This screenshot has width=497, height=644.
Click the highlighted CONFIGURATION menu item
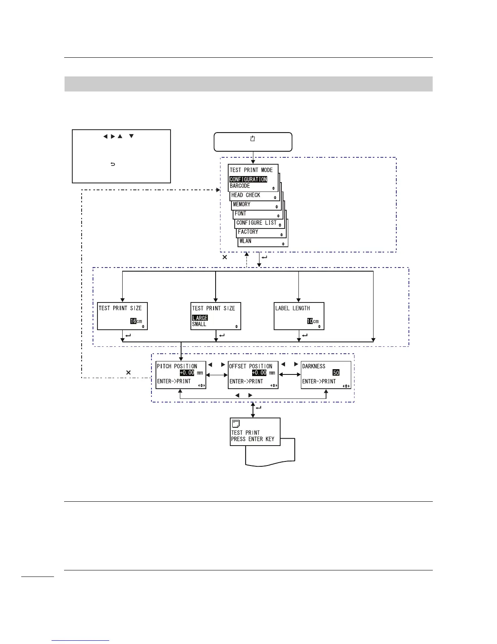(248, 179)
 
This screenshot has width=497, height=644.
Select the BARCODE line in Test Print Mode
(240, 186)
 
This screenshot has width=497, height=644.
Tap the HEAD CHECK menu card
(246, 196)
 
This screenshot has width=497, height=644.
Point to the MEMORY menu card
(242, 205)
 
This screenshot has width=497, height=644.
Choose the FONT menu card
(240, 213)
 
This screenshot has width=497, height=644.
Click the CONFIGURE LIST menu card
(256, 223)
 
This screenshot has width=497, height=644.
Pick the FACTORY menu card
(248, 232)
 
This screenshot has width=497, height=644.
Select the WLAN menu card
(245, 241)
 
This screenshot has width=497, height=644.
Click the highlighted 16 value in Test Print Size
(133, 321)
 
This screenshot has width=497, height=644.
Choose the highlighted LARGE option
(200, 318)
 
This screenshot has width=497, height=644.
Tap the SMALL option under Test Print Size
(199, 324)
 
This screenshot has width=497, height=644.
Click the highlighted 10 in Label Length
(310, 321)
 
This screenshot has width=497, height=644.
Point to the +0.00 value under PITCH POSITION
(187, 373)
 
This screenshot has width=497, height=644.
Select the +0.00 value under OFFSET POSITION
(259, 373)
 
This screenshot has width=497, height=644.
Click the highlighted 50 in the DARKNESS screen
(336, 373)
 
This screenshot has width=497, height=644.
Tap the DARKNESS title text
(313, 366)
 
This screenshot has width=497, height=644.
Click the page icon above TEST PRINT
(236, 424)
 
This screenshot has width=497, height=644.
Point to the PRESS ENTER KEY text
(253, 439)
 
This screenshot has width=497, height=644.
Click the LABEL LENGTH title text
(292, 309)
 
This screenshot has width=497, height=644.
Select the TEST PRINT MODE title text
(251, 170)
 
